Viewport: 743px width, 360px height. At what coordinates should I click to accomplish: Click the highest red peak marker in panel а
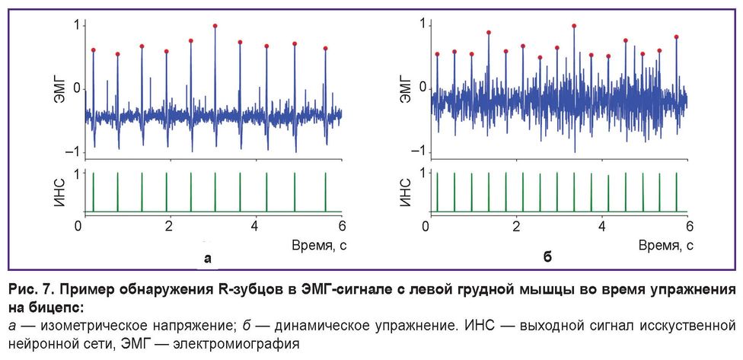(x=215, y=26)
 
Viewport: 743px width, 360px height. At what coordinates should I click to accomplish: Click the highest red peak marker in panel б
(x=574, y=26)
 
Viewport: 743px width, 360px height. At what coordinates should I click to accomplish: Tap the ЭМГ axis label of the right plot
(x=405, y=88)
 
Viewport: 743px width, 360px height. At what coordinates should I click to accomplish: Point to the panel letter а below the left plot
(x=207, y=259)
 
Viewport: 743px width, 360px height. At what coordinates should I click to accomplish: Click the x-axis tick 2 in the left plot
(x=168, y=226)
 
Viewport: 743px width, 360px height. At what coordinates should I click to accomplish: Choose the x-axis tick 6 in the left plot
(x=342, y=226)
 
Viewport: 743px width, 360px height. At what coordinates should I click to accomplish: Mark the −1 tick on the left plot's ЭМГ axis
(x=71, y=153)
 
